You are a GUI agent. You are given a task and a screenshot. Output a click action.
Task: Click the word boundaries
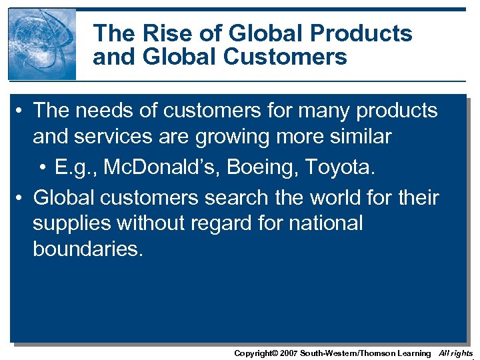coord(87,249)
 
